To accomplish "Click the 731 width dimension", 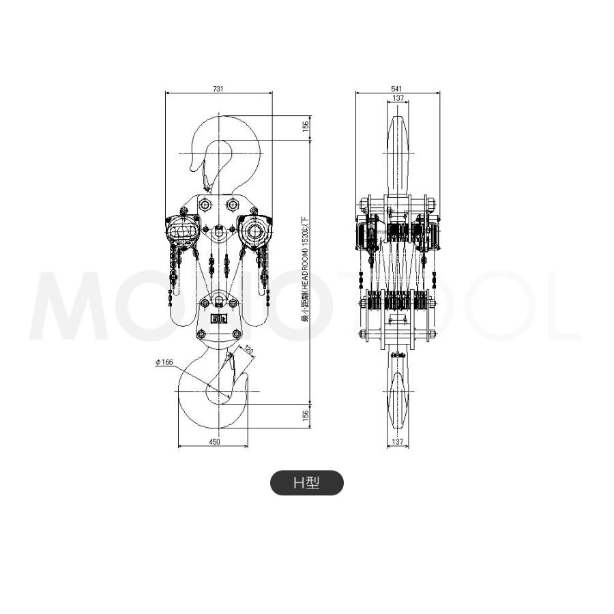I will coord(218,89).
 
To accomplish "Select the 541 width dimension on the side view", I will coord(398,89).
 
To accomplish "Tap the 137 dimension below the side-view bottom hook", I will coord(399,443).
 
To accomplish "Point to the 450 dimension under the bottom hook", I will coord(214,443).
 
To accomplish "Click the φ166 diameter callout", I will coord(164,362).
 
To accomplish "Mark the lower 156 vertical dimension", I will coord(306,413).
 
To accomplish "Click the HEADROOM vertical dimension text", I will coord(306,269).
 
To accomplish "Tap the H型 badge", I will coord(307,483).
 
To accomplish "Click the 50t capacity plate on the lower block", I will coord(218,318).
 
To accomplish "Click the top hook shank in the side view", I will coord(398,157).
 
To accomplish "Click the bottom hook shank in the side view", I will coord(398,396).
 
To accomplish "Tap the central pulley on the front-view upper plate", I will coord(219,233).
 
